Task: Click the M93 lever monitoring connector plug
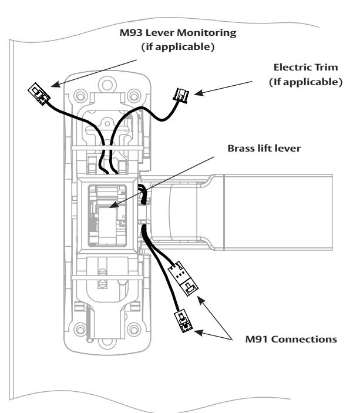point(39,94)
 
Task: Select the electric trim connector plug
point(181,96)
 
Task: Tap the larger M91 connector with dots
point(183,278)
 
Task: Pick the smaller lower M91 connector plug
point(183,321)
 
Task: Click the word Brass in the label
point(240,148)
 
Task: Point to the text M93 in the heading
point(131,33)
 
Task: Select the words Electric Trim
point(305,67)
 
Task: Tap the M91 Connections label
point(291,339)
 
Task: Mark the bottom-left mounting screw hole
point(80,329)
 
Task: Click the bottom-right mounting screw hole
point(134,329)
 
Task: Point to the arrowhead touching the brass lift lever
point(113,205)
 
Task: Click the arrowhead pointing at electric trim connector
point(199,92)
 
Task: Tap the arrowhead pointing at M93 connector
point(56,84)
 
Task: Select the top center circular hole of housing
point(107,85)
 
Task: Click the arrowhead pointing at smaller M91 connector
point(199,333)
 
